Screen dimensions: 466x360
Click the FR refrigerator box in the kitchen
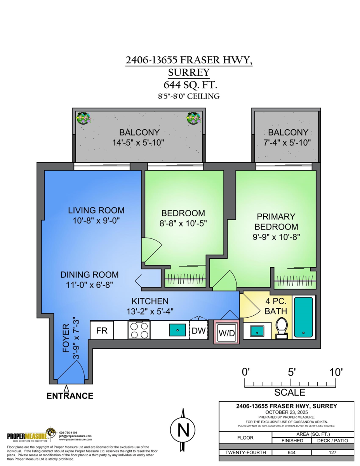(102, 330)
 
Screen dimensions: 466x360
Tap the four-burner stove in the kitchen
(139, 330)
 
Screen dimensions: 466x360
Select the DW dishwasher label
(198, 331)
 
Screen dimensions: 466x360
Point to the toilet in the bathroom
(281, 327)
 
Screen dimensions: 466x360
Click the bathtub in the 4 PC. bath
(303, 317)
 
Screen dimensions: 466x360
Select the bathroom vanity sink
(257, 331)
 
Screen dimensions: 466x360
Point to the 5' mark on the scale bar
(292, 372)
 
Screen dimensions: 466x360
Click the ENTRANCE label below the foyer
(70, 396)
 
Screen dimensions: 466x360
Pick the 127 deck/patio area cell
(333, 452)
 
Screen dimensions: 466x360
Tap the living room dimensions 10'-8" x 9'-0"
(96, 221)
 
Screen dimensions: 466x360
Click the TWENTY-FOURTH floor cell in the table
(245, 452)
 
